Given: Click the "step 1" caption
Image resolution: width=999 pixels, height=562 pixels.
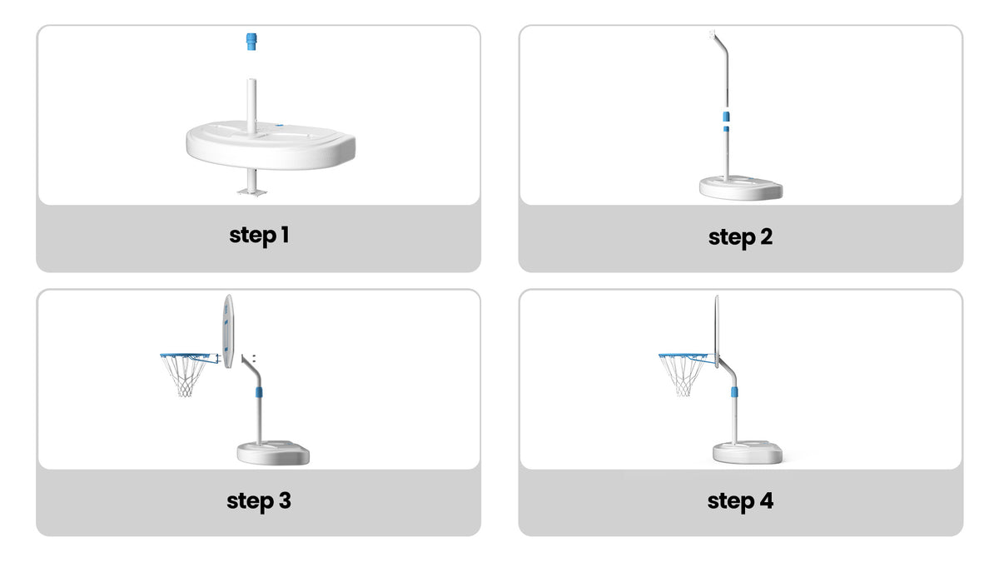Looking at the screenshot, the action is (x=259, y=236).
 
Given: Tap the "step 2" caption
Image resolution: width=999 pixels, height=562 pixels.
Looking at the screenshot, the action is (x=740, y=237).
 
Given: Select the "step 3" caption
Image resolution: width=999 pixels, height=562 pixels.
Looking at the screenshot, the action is (x=259, y=501).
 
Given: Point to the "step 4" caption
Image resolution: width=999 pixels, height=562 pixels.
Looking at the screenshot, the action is (x=740, y=501).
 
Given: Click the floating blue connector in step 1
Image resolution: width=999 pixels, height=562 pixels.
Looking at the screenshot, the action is (x=251, y=42).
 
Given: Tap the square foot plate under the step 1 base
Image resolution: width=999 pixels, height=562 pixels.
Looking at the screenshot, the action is (x=252, y=191).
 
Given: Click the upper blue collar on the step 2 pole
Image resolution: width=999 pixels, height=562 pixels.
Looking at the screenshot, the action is (x=727, y=117).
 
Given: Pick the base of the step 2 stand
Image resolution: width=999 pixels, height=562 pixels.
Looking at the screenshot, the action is (x=741, y=188).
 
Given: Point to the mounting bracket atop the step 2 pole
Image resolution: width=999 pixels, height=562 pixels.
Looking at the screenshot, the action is (x=713, y=34).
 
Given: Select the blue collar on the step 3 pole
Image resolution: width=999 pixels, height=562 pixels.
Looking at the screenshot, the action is (x=259, y=392).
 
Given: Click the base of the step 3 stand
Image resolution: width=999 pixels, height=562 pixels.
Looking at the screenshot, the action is (x=273, y=453).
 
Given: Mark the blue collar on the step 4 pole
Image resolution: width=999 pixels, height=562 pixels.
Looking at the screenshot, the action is (x=734, y=392).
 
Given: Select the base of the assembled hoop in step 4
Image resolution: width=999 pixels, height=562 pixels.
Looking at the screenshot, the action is (x=748, y=452).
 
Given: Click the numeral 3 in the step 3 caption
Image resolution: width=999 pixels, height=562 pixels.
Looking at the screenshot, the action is (x=285, y=500).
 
